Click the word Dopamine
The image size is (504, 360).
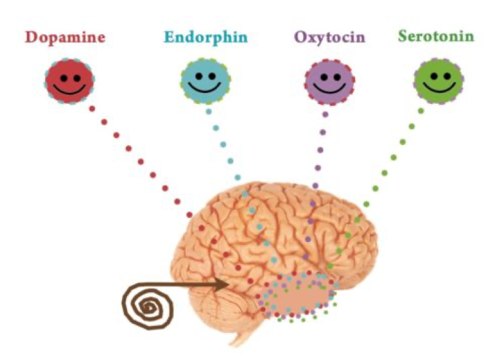coord(65,38)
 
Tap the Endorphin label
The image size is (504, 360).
coord(206,37)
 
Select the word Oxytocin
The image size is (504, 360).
coord(330,37)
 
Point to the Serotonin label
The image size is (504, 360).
coord(436,35)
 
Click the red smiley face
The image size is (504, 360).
coord(70,81)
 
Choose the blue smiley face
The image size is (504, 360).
coord(205,81)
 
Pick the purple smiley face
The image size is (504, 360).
coord(330,82)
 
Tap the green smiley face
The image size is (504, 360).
coord(439,81)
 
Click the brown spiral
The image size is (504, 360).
coord(148,306)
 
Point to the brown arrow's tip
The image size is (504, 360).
coord(229,284)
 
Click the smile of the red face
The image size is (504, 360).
coord(70,89)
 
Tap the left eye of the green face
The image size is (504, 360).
coord(434,76)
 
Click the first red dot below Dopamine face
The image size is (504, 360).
coord(92,108)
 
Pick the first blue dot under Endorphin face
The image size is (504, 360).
coord(208,112)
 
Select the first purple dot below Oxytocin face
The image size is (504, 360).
coord(325,114)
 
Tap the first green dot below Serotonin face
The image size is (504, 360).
coord(421,111)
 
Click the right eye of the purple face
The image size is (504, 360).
coord(337,77)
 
